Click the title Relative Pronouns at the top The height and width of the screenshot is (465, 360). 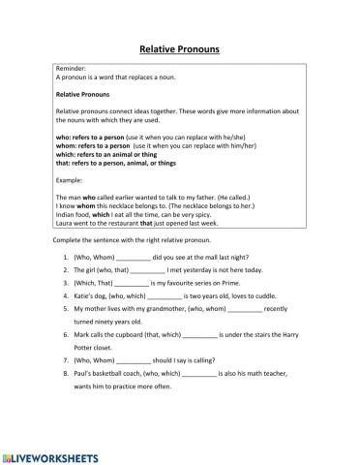[x=179, y=46]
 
